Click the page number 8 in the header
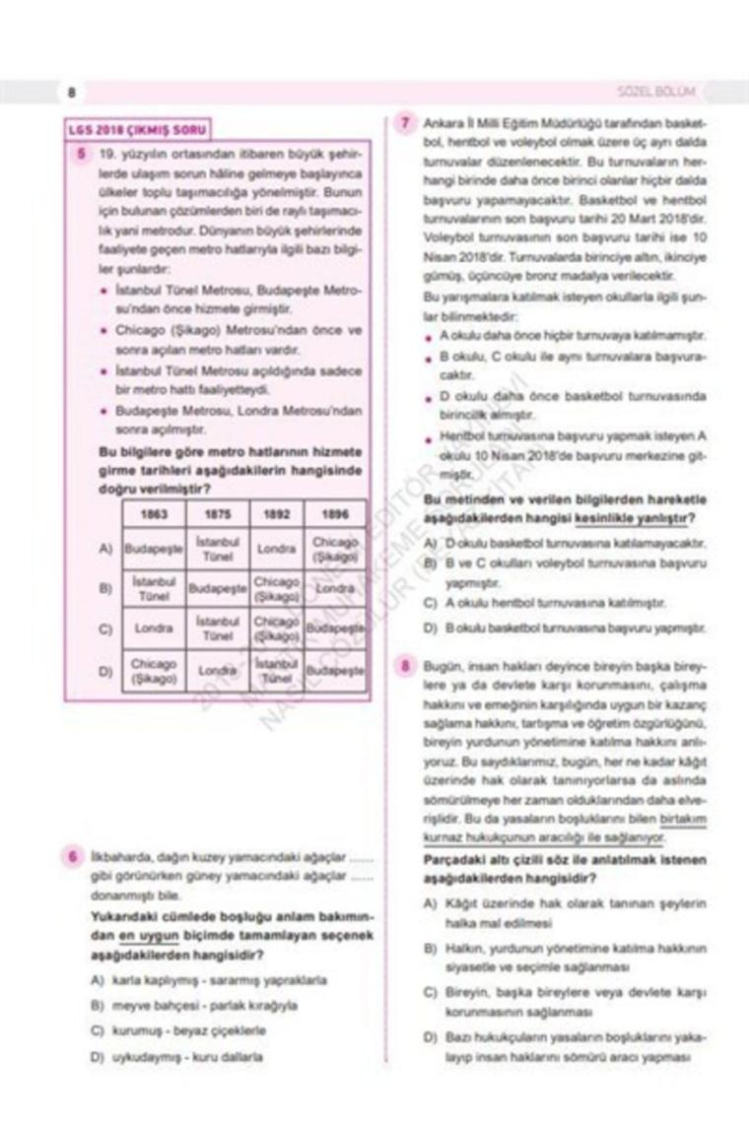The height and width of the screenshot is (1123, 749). (72, 93)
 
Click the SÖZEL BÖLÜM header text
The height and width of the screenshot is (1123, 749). (654, 92)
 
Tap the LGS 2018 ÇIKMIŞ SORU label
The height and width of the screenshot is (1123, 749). (137, 129)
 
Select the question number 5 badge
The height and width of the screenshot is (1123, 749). (78, 154)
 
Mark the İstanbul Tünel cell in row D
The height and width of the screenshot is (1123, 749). (276, 671)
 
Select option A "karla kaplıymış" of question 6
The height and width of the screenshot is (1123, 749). (207, 981)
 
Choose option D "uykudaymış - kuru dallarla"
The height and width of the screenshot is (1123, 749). (175, 1057)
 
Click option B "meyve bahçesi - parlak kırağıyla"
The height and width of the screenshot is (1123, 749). (192, 1006)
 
